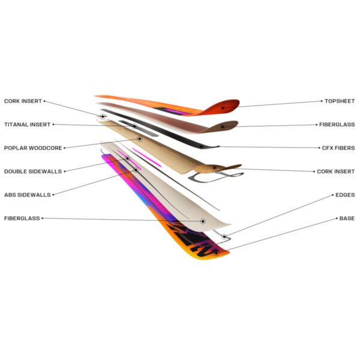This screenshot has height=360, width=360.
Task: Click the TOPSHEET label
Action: (340, 101)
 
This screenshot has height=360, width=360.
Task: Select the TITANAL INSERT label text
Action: (28, 125)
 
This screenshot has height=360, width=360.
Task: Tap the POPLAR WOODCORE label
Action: (33, 148)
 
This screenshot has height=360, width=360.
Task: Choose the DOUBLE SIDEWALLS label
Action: (33, 172)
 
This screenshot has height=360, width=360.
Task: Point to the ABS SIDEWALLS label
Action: (28, 195)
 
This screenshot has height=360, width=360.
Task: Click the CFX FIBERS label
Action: (338, 148)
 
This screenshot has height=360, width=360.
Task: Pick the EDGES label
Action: (345, 195)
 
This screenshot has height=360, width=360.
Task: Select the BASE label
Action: (347, 218)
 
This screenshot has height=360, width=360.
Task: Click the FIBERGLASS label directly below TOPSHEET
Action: (337, 125)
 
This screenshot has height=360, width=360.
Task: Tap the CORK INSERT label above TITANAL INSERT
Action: (23, 101)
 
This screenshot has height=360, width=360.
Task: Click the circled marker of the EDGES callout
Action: (224, 236)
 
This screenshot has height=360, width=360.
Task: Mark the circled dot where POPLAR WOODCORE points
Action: (139, 139)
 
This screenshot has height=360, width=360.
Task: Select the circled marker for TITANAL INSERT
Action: (134, 126)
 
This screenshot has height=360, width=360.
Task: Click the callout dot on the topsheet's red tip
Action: (223, 107)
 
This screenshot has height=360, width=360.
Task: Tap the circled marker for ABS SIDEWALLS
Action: (136, 170)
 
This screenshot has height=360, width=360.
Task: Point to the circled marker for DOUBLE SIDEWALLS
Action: (128, 158)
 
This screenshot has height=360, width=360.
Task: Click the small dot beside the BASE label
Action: (337, 218)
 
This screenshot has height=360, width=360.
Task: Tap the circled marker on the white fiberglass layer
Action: (203, 221)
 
